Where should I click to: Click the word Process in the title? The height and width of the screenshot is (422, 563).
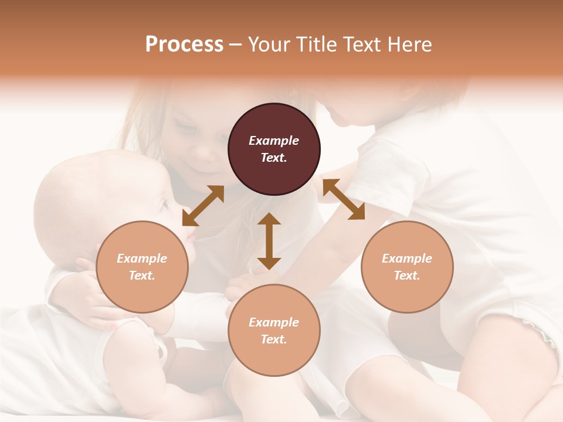pyautogui.click(x=184, y=45)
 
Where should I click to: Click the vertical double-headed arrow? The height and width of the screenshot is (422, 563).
pyautogui.click(x=269, y=241)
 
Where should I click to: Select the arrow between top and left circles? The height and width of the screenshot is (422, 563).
pyautogui.click(x=203, y=206)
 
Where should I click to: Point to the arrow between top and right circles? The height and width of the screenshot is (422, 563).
pyautogui.click(x=344, y=199)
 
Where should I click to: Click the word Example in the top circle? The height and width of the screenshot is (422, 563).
pyautogui.click(x=274, y=141)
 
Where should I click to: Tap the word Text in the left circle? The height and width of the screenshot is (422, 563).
pyautogui.click(x=142, y=275)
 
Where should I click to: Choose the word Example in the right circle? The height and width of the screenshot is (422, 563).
pyautogui.click(x=407, y=258)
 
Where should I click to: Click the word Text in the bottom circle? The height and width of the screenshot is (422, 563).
pyautogui.click(x=274, y=339)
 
